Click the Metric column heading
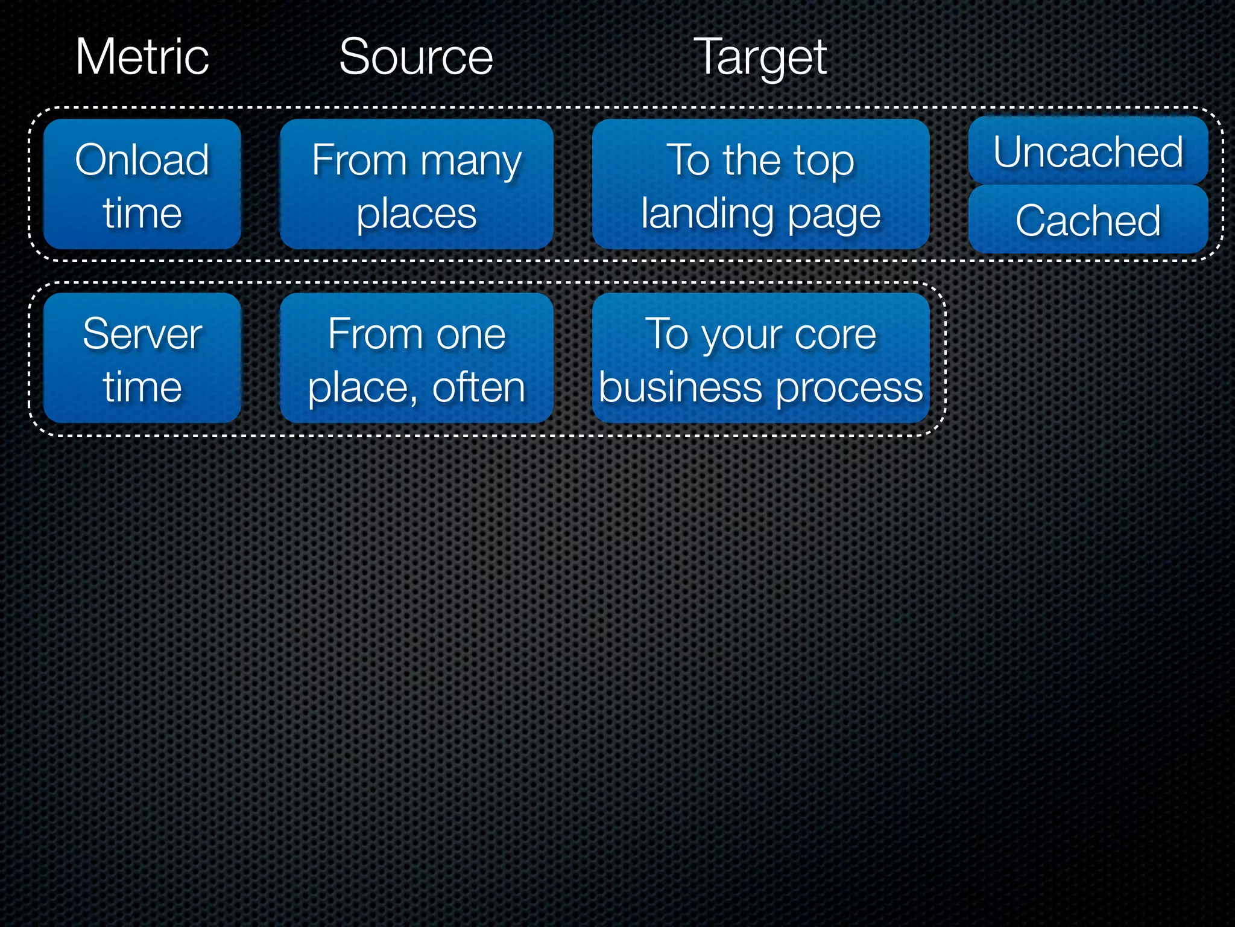click(142, 57)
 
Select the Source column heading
click(416, 57)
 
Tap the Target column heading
click(760, 58)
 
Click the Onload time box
click(142, 184)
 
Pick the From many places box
click(416, 184)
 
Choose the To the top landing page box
click(760, 184)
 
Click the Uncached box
click(1088, 151)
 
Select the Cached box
click(1088, 220)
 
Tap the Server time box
click(142, 358)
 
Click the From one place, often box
click(416, 358)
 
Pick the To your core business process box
click(760, 358)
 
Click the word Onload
click(142, 160)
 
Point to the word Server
click(142, 334)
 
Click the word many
click(471, 162)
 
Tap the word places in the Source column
click(416, 214)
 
